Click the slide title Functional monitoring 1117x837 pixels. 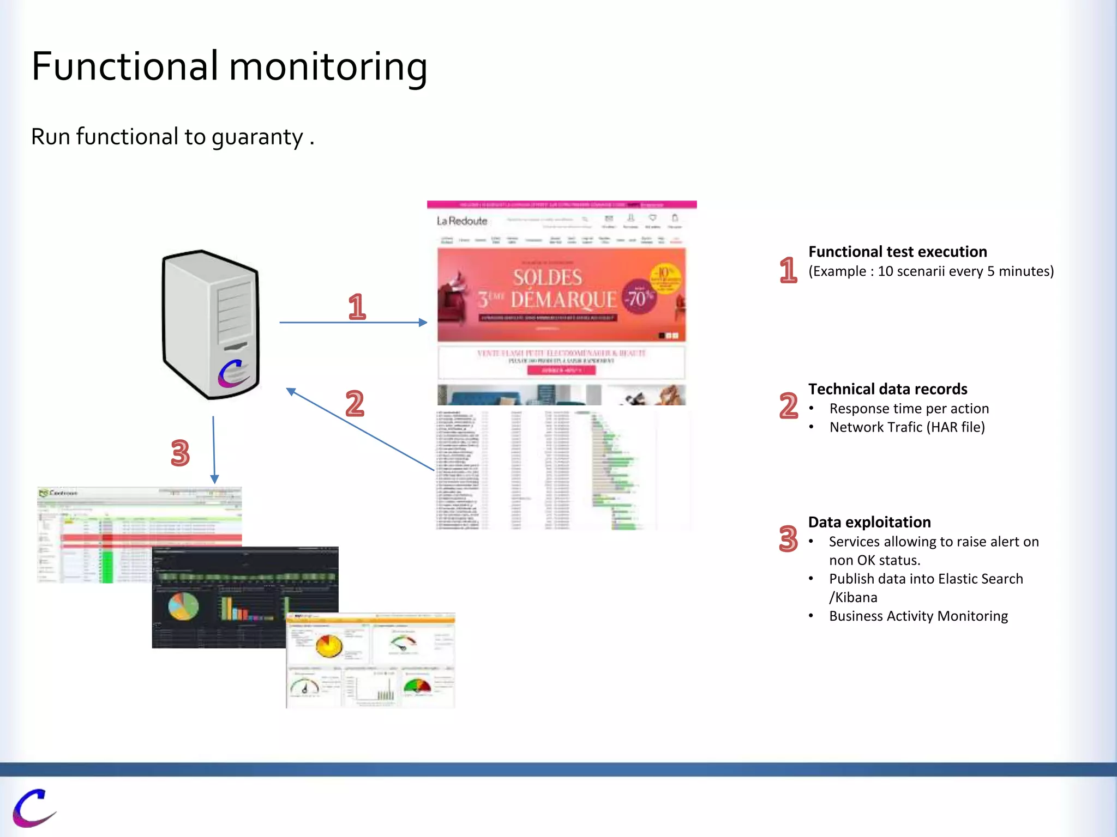click(x=229, y=66)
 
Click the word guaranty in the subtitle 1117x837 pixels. click(x=257, y=137)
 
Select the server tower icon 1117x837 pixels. click(x=211, y=325)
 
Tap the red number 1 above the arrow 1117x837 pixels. click(x=357, y=306)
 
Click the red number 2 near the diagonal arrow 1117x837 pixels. click(x=355, y=403)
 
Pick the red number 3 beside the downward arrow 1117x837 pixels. click(x=180, y=453)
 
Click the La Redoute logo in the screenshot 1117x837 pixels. click(x=462, y=221)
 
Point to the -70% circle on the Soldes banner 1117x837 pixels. click(x=638, y=298)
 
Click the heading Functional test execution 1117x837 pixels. click(x=897, y=252)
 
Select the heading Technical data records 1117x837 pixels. click(x=887, y=389)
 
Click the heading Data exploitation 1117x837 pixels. click(x=869, y=522)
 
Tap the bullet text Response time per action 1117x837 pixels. click(x=909, y=409)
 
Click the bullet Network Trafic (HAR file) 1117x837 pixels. click(x=906, y=427)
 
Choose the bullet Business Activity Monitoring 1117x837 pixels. click(x=918, y=616)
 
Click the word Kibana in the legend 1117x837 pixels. click(x=856, y=598)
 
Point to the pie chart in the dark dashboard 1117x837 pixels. click(x=183, y=606)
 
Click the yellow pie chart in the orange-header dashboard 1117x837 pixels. click(x=329, y=646)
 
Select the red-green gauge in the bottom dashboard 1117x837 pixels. click(x=417, y=686)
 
